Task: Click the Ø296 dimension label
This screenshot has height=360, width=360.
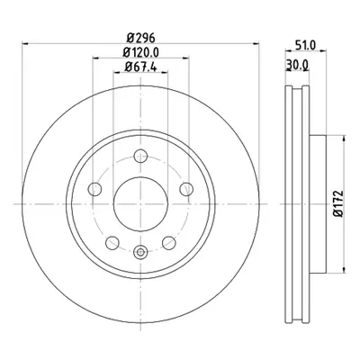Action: tap(140, 38)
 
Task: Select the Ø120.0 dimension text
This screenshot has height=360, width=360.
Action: tap(140, 52)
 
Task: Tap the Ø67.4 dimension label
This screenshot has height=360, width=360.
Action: tap(140, 67)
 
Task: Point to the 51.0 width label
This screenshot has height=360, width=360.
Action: tap(305, 46)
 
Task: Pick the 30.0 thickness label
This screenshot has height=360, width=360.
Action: tap(297, 64)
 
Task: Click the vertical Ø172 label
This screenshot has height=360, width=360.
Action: tap(338, 203)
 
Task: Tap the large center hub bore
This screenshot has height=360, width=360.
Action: tap(140, 204)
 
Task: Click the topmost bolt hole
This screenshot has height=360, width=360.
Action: tap(140, 156)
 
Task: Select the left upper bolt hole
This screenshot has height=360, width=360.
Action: tap(94, 189)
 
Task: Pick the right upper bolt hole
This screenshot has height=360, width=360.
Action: tap(186, 189)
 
